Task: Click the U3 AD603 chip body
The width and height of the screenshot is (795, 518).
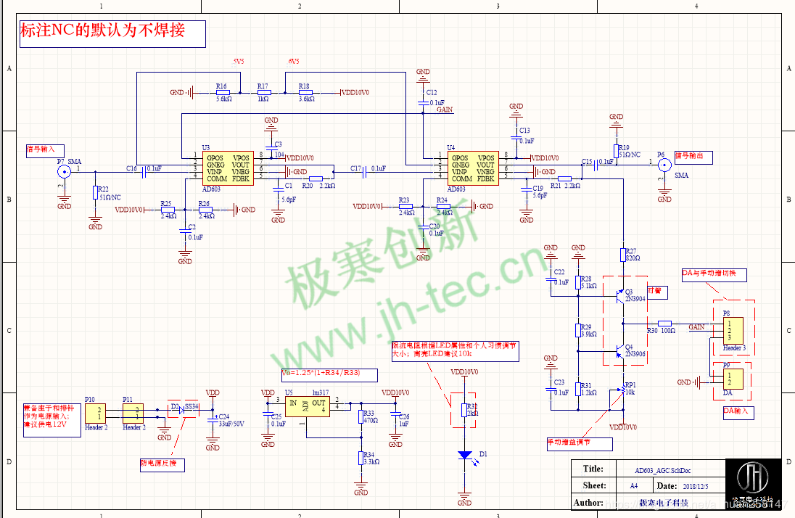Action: tap(228, 168)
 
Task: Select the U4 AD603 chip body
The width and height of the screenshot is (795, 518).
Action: tap(472, 168)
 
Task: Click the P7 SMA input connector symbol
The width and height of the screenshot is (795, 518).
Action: tap(64, 171)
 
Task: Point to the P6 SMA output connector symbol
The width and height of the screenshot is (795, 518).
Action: tap(664, 165)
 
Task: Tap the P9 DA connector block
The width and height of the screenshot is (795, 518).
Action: tap(733, 379)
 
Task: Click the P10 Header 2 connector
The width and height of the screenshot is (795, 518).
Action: tap(94, 414)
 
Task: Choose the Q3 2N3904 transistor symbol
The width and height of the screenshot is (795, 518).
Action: tap(619, 295)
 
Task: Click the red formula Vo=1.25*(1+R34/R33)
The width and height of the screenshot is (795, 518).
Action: tap(330, 374)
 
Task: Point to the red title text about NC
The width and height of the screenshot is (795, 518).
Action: tap(102, 30)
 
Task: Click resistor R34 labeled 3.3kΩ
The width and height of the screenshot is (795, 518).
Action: tap(361, 458)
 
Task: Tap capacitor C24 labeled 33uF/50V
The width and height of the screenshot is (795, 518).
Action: tap(213, 419)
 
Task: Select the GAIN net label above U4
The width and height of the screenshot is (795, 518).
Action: tap(445, 110)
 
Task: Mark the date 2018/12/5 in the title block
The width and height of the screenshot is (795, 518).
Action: tap(696, 485)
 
